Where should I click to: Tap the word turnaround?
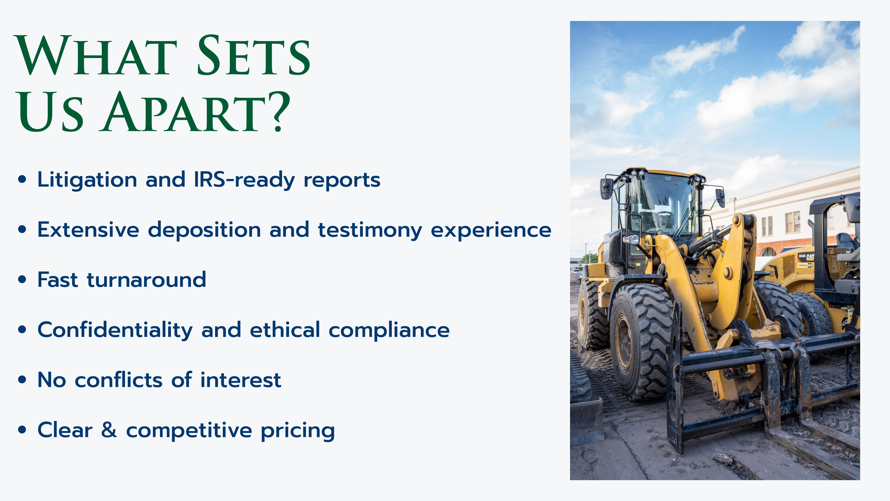pyautogui.click(x=146, y=279)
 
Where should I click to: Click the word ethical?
pyautogui.click(x=285, y=329)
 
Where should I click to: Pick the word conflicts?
pyautogui.click(x=118, y=380)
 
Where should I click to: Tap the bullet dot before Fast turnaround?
pyautogui.click(x=22, y=279)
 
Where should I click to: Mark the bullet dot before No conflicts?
pyautogui.click(x=22, y=380)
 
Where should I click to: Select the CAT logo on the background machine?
pyautogui.click(x=810, y=257)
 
